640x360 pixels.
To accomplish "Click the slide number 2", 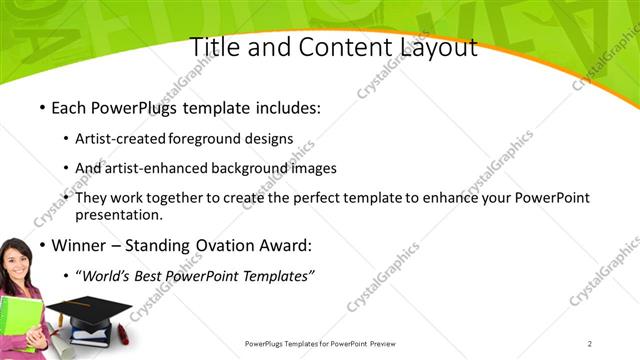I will tap(590, 344).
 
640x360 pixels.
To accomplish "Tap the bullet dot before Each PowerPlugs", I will tap(41, 108).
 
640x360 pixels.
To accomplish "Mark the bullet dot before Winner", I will tap(41, 245).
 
